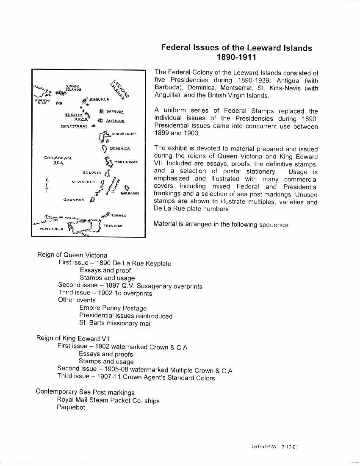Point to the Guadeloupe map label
pos(123,133)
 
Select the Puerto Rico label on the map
pos(42,101)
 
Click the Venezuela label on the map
pos(51,229)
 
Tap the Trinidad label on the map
pos(113,226)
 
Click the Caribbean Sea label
pos(58,160)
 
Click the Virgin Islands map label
pos(73,88)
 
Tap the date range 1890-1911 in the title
pos(236,57)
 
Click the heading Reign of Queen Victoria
pos(72,255)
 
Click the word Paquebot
pos(71,408)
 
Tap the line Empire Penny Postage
pos(113,308)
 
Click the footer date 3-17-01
pos(290,447)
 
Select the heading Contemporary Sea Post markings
pos(85,392)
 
